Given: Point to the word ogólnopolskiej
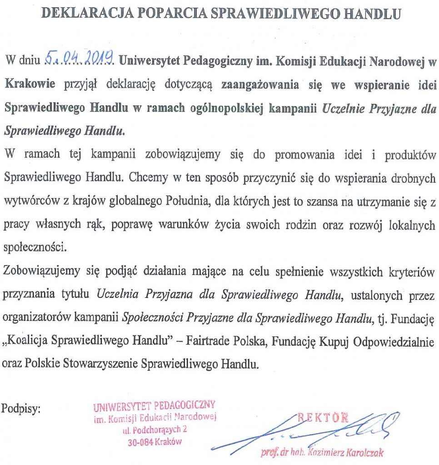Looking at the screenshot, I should pyautogui.click(x=224, y=108).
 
